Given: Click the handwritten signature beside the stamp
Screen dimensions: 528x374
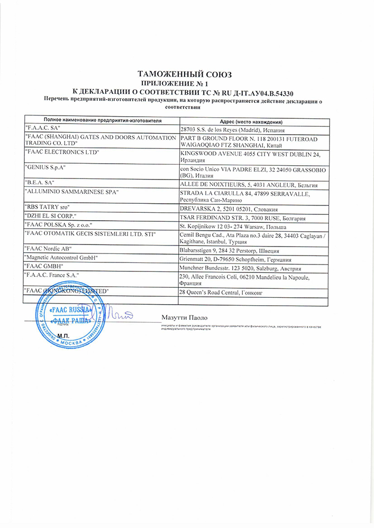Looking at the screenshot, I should tap(119, 315).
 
